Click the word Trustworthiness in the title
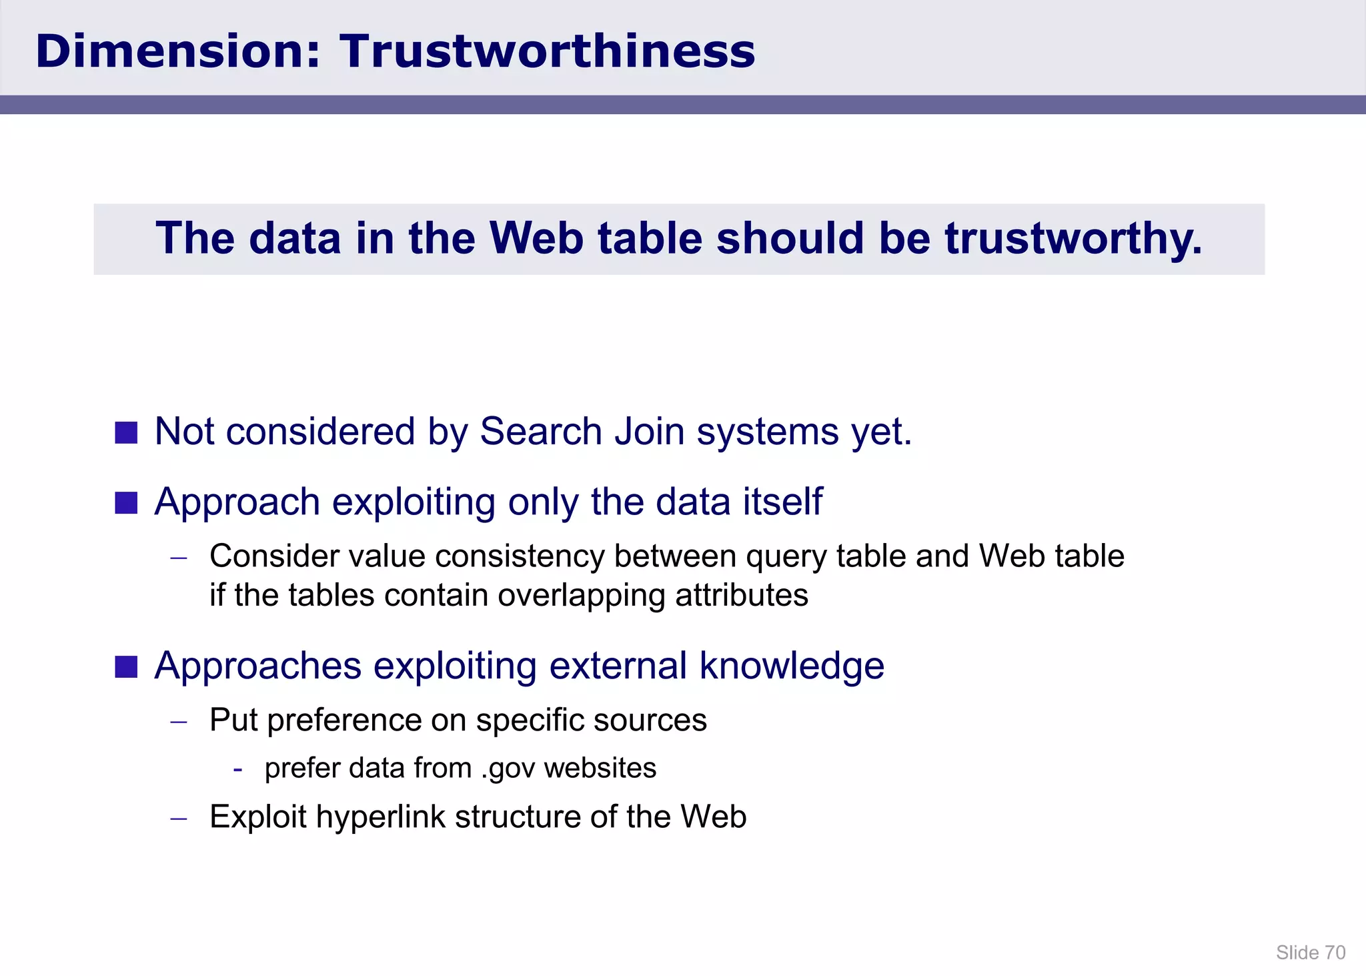pos(547,51)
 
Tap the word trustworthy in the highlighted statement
pos(1073,239)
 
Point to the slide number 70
pos(1335,953)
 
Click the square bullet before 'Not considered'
pos(126,432)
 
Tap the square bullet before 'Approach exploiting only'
pos(126,502)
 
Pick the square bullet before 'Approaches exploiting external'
pos(126,666)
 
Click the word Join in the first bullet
pos(649,432)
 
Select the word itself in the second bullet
pos(783,502)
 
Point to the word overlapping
pos(581,595)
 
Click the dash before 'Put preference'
pos(179,722)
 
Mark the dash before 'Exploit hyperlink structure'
pos(179,819)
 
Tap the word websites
pos(600,769)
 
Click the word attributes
pos(742,595)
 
